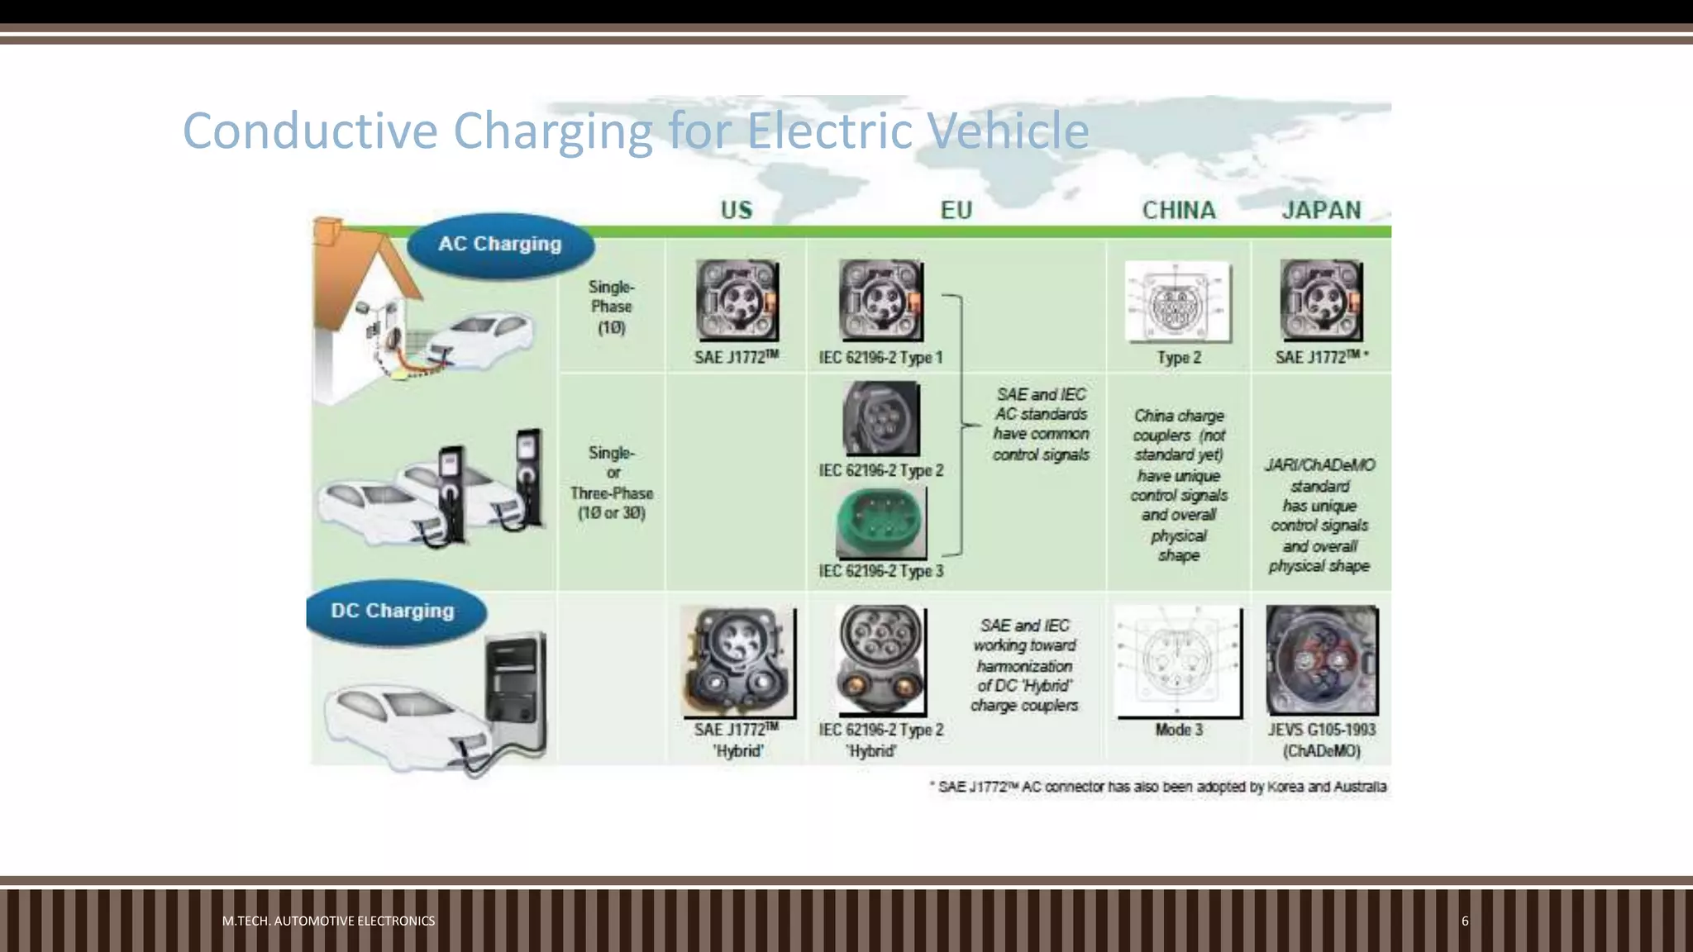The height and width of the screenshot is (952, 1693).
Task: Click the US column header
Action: [737, 210]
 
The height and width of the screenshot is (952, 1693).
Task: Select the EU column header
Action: [956, 210]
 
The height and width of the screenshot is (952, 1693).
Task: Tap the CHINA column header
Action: [1179, 210]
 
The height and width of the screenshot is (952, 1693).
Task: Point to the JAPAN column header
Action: [1321, 210]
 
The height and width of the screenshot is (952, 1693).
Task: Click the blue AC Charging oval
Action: [500, 245]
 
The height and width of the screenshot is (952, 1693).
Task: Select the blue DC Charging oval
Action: [393, 612]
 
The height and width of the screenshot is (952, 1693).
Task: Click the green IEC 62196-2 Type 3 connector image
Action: [880, 523]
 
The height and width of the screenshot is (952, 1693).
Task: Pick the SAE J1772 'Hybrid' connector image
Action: [737, 661]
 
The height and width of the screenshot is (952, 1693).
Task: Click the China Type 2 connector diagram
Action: [1178, 302]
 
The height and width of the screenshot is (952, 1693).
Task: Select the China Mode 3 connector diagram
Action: [1178, 661]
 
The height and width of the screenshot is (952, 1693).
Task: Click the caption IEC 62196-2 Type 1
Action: [880, 358]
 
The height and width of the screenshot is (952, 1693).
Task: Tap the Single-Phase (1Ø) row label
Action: [612, 307]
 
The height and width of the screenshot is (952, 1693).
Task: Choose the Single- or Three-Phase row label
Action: [612, 483]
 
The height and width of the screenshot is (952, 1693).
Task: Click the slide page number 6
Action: [1465, 921]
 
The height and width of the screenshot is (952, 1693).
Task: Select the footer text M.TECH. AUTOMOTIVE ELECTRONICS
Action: [328, 921]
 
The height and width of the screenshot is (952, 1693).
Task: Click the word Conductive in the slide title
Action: [310, 131]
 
